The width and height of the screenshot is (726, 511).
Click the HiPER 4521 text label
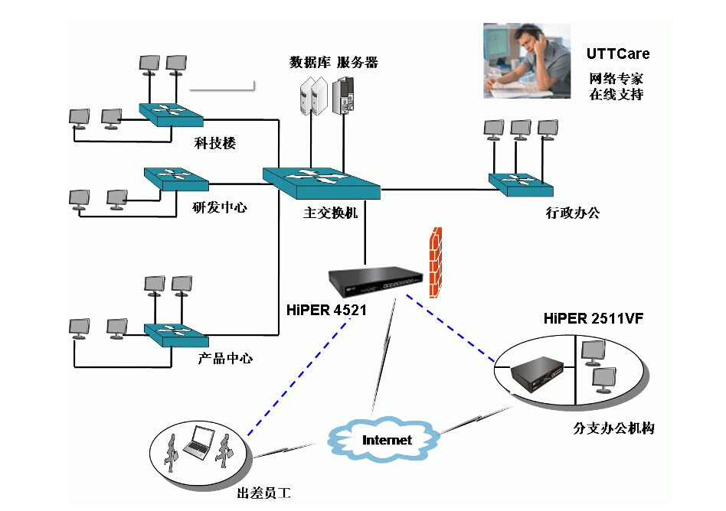point(326,311)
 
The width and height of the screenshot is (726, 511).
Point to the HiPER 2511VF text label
point(592,317)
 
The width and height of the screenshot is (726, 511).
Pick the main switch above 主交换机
point(322,179)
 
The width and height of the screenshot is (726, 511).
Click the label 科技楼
point(214,142)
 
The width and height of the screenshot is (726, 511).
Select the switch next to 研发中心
point(175,178)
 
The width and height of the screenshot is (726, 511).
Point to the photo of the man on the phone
point(527,61)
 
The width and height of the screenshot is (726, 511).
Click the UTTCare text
point(617,54)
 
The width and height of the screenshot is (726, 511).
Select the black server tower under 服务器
point(344,95)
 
